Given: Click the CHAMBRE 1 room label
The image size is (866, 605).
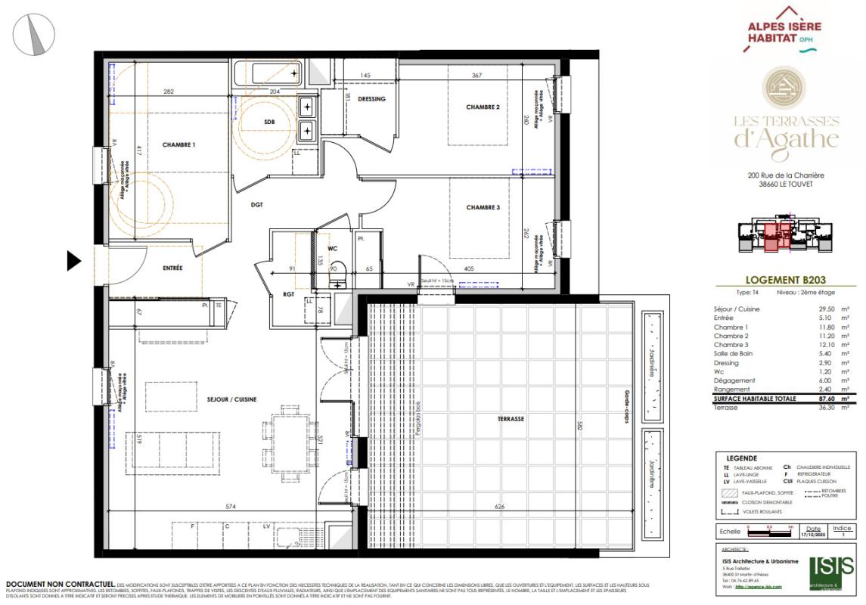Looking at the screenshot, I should (178, 144).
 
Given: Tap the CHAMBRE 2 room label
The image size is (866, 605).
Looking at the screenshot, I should (483, 107).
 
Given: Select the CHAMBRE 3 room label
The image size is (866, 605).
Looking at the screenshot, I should (483, 207).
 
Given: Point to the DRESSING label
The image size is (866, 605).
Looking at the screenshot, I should (371, 99).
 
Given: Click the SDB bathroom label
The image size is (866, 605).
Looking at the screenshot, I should (269, 122).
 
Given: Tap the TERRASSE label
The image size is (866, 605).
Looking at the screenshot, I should (511, 418).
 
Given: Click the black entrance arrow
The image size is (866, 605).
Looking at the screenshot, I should (73, 261).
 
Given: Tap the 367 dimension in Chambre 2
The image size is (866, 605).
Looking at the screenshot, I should (476, 75).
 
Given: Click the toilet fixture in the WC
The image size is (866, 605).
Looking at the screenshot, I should (338, 273).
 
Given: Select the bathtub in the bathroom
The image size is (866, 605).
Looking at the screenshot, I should (267, 75).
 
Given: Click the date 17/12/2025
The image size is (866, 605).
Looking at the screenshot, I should (812, 534).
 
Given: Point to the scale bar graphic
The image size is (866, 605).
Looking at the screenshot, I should (769, 532).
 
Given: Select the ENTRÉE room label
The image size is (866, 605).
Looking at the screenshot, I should (172, 268).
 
